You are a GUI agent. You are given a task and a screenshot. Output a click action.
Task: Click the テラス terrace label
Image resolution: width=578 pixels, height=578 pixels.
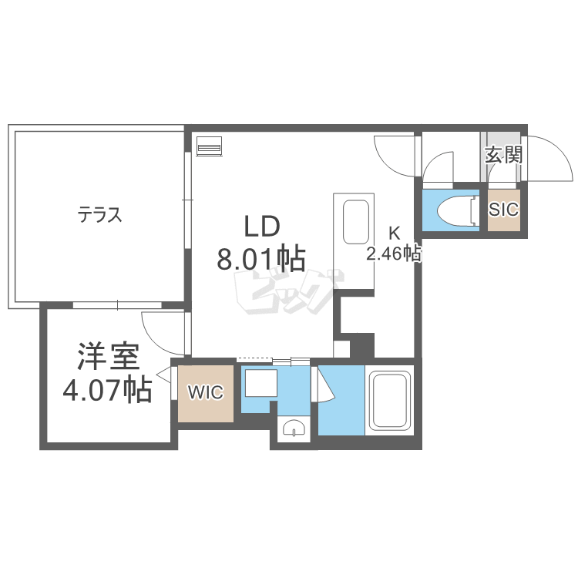tap(99, 214)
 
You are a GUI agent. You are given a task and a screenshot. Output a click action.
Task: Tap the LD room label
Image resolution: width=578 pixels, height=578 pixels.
tap(262, 227)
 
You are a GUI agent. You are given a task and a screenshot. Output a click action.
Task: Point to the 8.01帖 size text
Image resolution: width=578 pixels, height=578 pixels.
tap(261, 258)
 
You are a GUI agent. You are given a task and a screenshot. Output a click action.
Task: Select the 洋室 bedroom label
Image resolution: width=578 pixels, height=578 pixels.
tap(109, 356)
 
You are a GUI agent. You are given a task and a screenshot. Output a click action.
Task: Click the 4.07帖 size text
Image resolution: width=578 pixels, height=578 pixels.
tap(107, 389)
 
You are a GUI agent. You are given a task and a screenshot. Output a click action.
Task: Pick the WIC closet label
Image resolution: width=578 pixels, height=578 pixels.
tap(206, 392)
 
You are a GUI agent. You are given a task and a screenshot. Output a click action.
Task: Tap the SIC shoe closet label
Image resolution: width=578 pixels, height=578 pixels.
tap(503, 210)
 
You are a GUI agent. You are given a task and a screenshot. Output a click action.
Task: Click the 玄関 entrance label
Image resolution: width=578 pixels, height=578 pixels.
tap(503, 154)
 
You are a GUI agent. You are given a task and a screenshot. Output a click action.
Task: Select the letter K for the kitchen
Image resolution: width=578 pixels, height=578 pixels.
tap(395, 233)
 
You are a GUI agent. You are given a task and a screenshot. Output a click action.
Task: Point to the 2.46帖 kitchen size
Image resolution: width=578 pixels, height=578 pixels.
tap(393, 254)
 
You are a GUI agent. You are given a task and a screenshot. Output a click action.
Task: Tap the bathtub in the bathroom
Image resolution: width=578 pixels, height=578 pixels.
tap(390, 401)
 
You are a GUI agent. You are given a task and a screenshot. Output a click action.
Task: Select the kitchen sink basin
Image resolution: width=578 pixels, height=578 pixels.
tap(356, 222)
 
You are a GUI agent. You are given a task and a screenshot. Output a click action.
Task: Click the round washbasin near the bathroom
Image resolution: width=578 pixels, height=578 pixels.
tap(294, 428)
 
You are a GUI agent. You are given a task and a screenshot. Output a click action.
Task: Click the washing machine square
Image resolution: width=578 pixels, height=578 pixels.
tap(261, 383)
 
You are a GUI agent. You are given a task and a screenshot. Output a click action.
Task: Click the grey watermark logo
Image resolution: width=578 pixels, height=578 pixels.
tap(289, 292)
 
